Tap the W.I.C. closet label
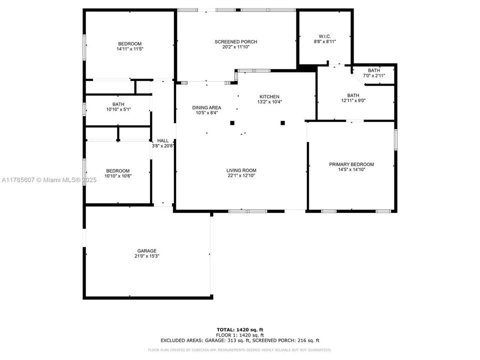point(324,36)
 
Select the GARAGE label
point(147,251)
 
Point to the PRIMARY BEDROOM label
point(351,164)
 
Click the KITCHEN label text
point(269,97)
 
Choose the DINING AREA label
point(206,107)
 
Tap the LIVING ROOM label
point(241,170)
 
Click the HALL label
point(163,141)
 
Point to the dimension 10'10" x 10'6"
point(118,175)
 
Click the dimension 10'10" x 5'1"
point(118,109)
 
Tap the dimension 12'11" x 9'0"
point(353,101)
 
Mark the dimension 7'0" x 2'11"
point(373,75)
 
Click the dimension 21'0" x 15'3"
point(147,256)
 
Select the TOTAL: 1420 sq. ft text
point(240,330)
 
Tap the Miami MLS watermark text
point(48,180)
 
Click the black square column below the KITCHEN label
point(282,122)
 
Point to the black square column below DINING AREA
point(232,122)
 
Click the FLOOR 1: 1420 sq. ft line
point(240,335)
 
